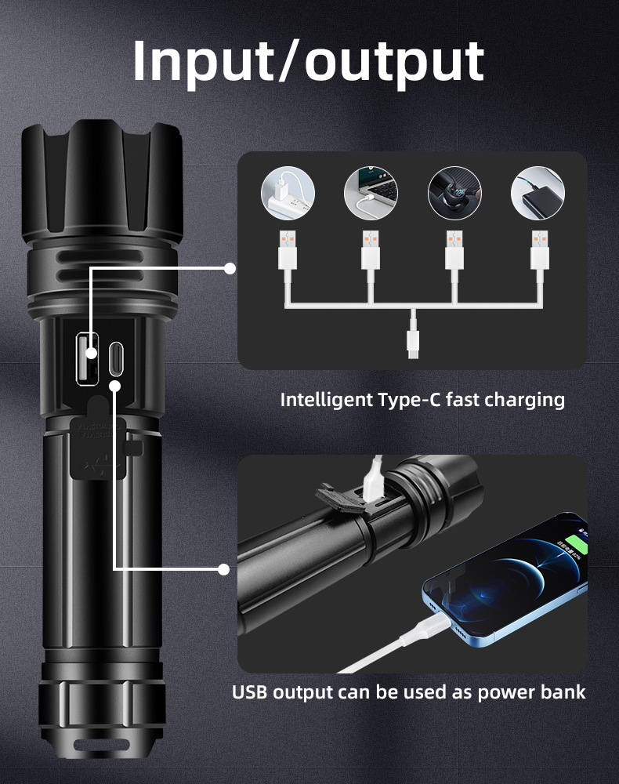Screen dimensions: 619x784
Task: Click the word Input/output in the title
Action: [308, 61]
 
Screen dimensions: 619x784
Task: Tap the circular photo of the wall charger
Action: [288, 193]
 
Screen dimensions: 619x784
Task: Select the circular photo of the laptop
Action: [371, 193]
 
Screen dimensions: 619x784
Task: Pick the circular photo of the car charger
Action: [454, 193]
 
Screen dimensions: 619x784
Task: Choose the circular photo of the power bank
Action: [538, 193]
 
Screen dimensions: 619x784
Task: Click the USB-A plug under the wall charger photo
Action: [288, 250]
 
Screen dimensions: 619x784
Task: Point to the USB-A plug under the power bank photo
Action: [540, 250]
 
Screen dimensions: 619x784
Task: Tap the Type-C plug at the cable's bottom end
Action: [413, 343]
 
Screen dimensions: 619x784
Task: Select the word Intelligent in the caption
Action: [327, 400]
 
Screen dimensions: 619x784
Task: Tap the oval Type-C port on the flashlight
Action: [116, 358]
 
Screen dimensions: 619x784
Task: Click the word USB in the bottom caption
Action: [250, 692]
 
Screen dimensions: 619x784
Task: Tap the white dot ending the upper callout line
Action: [230, 268]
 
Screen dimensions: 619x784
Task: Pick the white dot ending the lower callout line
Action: [224, 569]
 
